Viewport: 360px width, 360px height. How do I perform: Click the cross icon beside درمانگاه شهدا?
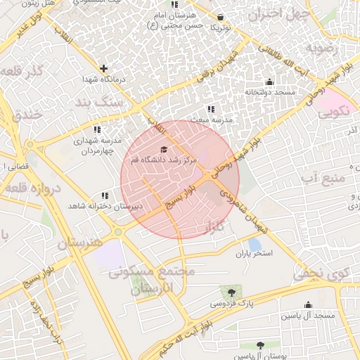[x=104, y=68]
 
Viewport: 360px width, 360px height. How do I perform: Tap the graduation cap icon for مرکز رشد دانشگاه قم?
[x=165, y=149]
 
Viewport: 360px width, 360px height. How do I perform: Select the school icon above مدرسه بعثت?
[x=210, y=109]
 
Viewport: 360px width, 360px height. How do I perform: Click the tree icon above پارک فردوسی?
[x=230, y=292]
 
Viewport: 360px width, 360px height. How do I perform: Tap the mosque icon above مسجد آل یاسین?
[x=308, y=304]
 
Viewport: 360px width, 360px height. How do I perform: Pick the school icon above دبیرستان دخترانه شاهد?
[x=105, y=195]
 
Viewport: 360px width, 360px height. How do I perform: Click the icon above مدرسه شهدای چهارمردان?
[x=97, y=130]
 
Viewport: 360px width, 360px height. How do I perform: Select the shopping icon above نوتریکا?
[x=221, y=16]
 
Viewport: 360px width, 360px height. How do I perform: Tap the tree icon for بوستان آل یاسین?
[x=261, y=345]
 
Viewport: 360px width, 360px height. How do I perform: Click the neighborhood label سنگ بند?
[x=122, y=102]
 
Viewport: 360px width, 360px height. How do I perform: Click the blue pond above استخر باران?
[x=255, y=244]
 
